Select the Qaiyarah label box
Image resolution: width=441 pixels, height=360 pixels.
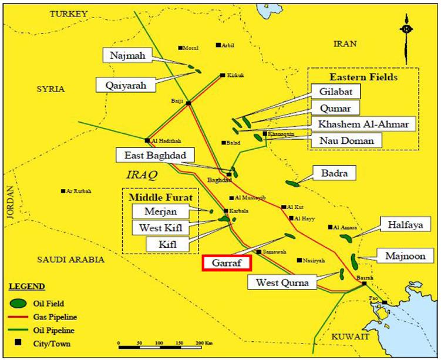[126, 85]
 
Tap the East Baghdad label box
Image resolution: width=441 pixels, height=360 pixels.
[150, 155]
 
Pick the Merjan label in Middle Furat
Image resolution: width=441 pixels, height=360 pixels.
[153, 210]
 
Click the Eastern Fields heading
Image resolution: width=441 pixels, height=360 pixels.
[363, 77]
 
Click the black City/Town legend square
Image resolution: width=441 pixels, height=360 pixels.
[19, 342]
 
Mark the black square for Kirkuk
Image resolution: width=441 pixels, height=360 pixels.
[222, 75]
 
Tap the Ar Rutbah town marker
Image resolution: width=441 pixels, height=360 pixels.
[63, 191]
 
